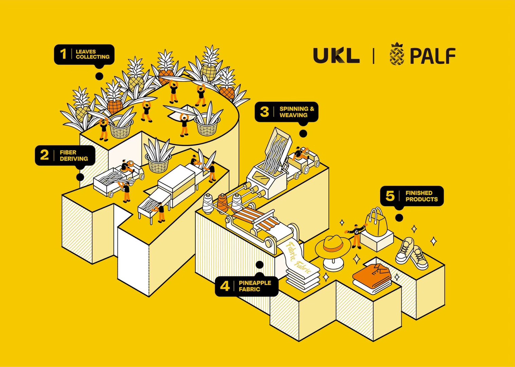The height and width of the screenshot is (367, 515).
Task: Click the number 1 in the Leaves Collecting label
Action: coord(63,54)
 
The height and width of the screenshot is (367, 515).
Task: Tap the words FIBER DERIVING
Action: coord(74,156)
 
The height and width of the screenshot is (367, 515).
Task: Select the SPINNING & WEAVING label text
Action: coord(296,112)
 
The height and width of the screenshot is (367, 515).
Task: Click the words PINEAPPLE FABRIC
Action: coord(255,286)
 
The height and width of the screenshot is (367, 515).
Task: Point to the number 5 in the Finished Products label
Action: coord(390,196)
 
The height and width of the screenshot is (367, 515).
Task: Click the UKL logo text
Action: coord(336,55)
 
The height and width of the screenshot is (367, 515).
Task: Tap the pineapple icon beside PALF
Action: coord(397,54)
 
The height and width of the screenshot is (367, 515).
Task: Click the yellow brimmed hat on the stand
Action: coord(332,245)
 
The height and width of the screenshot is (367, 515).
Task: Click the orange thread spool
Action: coord(222,203)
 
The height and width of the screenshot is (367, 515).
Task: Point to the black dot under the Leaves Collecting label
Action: coord(99,76)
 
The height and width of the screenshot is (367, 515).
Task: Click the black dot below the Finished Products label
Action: coord(399,217)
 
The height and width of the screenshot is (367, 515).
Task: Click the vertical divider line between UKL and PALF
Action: coord(373,56)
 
